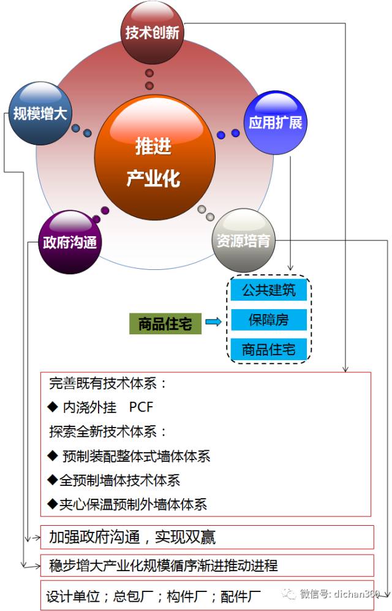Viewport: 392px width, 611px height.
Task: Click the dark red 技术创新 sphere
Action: pos(152,33)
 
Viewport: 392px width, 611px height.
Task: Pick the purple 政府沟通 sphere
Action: pos(69,242)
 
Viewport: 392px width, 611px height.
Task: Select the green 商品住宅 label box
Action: pos(165,324)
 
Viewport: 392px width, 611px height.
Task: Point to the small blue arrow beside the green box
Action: pos(213,321)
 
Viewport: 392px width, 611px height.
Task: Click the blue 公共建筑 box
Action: pos(268,290)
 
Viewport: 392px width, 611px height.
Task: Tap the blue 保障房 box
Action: pos(268,320)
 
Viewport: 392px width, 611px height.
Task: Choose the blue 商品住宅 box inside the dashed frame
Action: pos(268,349)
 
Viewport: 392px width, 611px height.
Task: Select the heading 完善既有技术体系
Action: pos(108,384)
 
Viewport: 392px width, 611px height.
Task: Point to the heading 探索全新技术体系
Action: pos(108,432)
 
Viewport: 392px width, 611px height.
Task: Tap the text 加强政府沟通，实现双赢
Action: pos(132,537)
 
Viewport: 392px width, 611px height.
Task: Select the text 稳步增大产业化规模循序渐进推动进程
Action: pos(164,565)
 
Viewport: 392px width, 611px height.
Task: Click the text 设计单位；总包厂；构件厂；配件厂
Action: pos(154,595)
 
